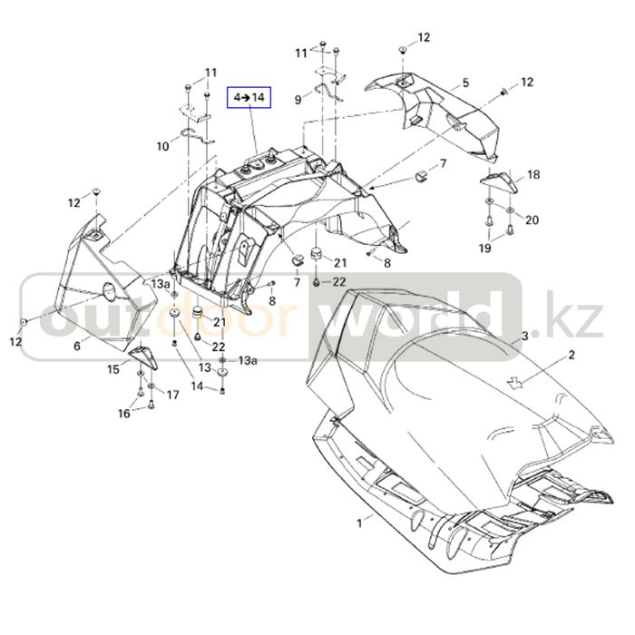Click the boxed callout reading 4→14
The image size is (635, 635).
coord(249,98)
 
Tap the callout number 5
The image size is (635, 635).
coord(465,83)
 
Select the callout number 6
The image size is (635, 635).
coord(76,346)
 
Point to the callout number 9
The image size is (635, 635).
coord(298,99)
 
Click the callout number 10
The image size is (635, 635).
coord(162,146)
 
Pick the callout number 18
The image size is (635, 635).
coord(533,174)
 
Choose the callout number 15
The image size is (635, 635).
coord(113,369)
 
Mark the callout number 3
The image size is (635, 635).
coord(525,336)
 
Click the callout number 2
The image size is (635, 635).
coord(571,355)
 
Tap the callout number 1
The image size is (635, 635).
coord(359,523)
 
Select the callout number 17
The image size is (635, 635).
coord(172,395)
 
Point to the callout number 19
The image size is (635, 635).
coord(484,248)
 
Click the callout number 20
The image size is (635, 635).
coord(532,220)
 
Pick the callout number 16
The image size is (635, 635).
coord(124,413)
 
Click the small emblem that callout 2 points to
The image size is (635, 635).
coord(513,382)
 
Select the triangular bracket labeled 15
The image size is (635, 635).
coord(143,357)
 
